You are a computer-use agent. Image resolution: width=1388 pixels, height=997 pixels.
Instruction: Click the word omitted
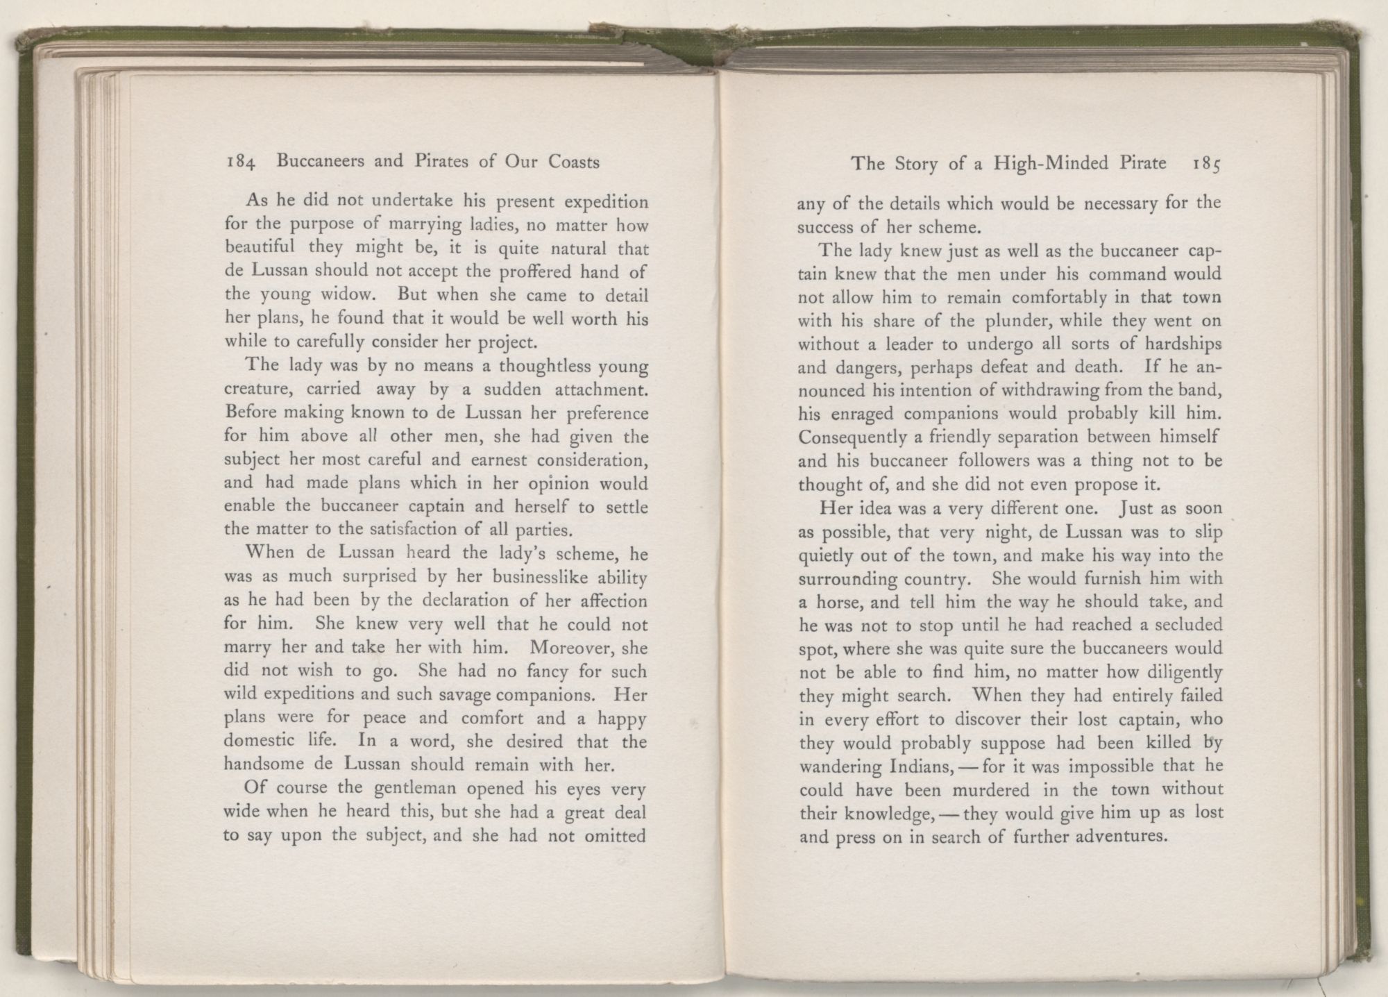click(x=613, y=836)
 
